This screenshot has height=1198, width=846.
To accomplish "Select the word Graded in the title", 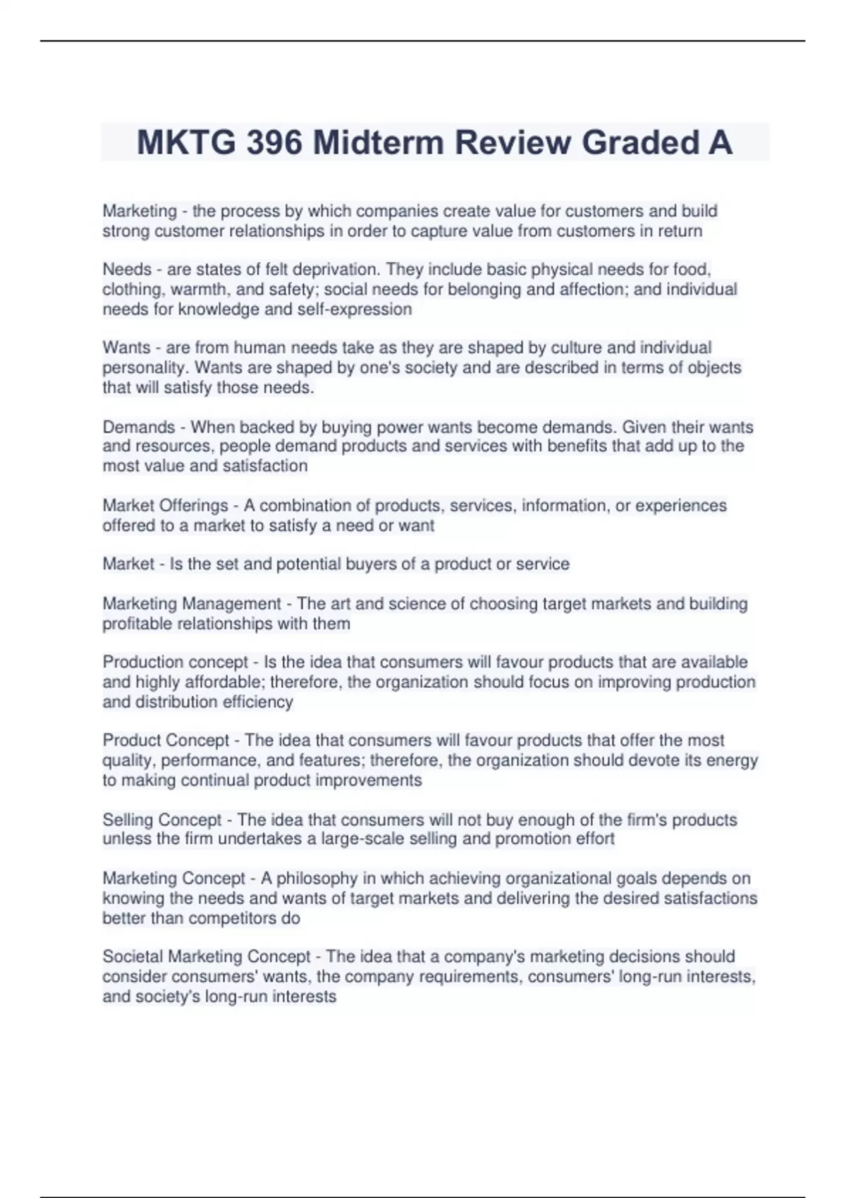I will coord(632,142).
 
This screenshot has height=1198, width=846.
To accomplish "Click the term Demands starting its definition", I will coord(138,427).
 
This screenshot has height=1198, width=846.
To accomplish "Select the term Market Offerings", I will coord(165,505).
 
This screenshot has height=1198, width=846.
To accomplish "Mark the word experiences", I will coord(681,505).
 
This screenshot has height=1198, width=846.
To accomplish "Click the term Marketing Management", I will coord(192,603).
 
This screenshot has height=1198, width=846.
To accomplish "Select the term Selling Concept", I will coord(162,820).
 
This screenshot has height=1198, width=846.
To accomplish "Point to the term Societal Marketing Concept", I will coord(207,956).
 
